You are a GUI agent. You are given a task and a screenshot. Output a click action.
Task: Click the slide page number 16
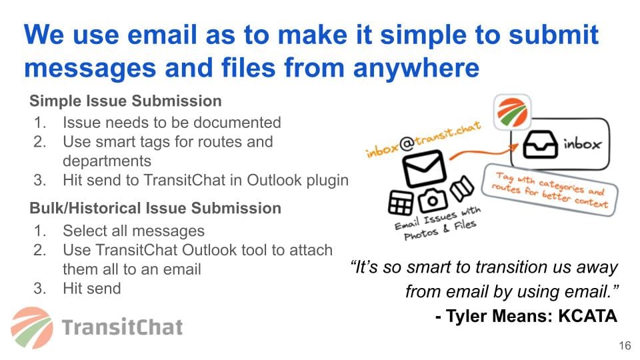coord(625,346)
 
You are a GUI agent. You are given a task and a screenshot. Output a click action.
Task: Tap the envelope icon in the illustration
coord(424,168)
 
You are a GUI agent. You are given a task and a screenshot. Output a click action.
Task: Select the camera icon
coord(432,200)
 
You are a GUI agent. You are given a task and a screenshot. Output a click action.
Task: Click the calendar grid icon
coord(401,203)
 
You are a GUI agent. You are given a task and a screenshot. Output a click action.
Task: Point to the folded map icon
coord(461,188)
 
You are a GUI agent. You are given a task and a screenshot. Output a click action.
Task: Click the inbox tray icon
coord(540,144)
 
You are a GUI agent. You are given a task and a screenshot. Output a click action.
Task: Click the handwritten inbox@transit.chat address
coord(423,139)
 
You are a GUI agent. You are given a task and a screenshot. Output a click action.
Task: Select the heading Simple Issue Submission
coord(125,101)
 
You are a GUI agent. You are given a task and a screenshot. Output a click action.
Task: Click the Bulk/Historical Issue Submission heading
coord(155,208)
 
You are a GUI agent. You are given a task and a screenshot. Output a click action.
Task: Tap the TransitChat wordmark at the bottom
coord(123,327)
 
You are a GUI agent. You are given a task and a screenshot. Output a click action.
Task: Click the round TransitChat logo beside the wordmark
coord(32,328)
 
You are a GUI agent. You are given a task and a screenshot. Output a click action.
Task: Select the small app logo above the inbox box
coord(512,112)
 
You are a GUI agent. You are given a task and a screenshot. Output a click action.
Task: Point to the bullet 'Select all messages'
coord(133,231)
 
